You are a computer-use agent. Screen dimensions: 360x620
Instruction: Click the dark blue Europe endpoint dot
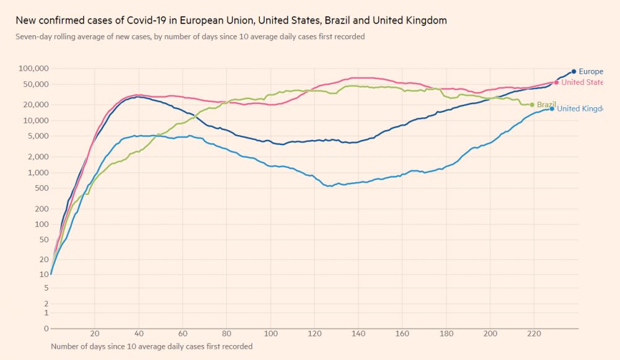click(x=573, y=71)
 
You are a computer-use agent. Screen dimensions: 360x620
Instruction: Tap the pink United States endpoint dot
click(x=556, y=82)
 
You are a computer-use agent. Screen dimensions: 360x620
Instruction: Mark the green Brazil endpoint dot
click(x=532, y=105)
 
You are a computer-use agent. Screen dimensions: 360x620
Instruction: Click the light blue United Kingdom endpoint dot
click(x=552, y=108)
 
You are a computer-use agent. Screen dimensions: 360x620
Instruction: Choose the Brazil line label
click(x=546, y=105)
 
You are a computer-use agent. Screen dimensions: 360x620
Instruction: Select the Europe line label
click(x=591, y=72)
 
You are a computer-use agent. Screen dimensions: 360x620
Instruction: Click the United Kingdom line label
click(x=580, y=109)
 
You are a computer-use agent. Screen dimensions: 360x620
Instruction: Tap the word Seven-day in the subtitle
click(x=32, y=37)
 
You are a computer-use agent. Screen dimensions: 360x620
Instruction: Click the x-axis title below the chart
click(x=151, y=346)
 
